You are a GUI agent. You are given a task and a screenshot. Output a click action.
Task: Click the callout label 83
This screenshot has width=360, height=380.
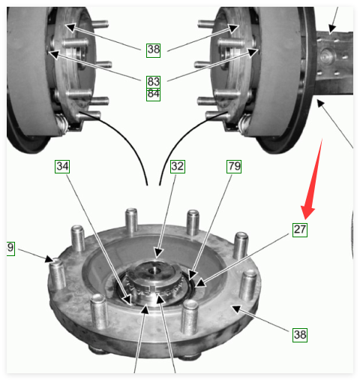click(153, 82)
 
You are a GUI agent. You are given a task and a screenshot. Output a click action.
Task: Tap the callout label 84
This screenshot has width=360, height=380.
click(153, 95)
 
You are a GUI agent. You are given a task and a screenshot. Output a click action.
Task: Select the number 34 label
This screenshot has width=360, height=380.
click(62, 167)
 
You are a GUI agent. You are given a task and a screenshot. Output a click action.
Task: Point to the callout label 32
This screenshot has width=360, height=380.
click(178, 167)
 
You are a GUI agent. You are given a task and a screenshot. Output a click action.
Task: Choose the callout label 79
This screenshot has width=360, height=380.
click(234, 167)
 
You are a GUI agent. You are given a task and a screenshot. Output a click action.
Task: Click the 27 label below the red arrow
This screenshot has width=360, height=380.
click(300, 230)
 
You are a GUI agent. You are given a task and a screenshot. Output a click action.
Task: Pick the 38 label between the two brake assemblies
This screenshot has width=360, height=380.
click(153, 50)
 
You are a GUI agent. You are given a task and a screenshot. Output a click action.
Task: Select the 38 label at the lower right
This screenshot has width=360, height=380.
click(300, 335)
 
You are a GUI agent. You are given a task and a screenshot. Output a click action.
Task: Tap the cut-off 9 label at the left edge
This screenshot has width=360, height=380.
click(10, 249)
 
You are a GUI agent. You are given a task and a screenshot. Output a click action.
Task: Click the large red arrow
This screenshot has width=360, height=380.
click(312, 179)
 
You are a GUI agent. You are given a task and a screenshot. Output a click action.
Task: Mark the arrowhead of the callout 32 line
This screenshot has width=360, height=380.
click(158, 253)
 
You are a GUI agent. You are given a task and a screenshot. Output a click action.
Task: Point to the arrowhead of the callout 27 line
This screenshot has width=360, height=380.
click(200, 283)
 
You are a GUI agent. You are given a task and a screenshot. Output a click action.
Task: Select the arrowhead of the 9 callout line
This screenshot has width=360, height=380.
click(49, 259)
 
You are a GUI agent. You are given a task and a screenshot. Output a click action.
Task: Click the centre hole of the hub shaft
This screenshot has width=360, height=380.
click(154, 270)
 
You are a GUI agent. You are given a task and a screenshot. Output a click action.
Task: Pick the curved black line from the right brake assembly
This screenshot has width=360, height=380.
click(181, 140)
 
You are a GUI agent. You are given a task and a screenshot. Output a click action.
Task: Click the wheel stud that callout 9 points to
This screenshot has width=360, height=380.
click(57, 275)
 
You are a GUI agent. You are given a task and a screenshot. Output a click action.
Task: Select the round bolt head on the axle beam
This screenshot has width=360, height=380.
click(326, 56)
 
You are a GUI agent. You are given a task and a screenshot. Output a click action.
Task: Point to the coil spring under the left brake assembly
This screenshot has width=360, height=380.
click(61, 124)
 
